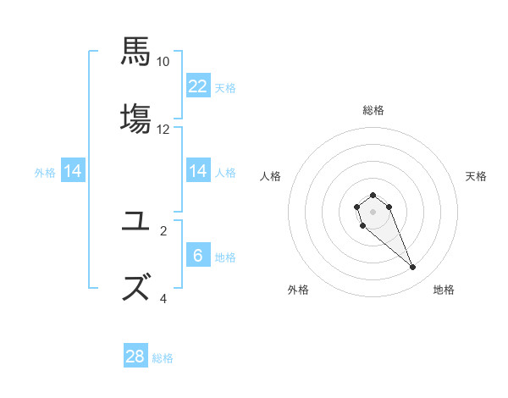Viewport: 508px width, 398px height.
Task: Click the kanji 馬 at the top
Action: coord(135,50)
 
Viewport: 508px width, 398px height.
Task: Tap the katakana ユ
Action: coord(135,221)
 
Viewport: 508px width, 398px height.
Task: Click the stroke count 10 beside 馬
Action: coord(163,61)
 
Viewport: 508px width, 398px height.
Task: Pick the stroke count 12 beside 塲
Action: coord(163,130)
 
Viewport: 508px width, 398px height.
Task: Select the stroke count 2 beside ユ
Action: coord(163,230)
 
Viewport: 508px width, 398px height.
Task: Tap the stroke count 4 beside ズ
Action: coord(163,298)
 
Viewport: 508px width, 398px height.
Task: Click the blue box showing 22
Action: coord(198,86)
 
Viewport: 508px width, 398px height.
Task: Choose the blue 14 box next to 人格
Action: coord(198,171)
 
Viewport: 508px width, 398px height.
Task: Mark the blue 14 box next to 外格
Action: coord(73,171)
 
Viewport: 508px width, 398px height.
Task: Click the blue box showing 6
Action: coord(198,256)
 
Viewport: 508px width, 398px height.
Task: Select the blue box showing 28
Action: coord(135,357)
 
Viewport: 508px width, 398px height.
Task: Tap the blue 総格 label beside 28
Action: coord(163,358)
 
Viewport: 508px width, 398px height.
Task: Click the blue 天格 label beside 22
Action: coord(225,87)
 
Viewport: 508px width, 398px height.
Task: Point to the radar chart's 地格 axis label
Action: coord(444,290)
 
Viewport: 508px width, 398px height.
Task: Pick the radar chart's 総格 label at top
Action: coord(373,110)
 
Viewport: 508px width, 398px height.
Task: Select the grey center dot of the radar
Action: coord(373,212)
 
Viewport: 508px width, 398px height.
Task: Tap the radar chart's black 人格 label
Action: coord(271,176)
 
